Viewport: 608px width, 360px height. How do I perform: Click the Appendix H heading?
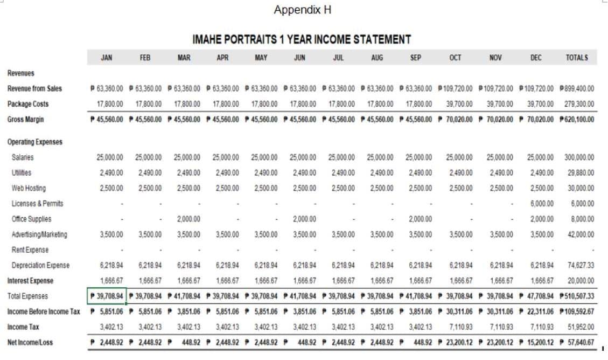(x=302, y=10)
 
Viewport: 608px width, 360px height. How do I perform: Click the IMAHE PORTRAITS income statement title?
(x=302, y=39)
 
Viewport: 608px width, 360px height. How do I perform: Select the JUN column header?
(x=299, y=58)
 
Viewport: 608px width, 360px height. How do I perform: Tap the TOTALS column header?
(x=577, y=58)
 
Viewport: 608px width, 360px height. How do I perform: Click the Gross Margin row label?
(x=26, y=119)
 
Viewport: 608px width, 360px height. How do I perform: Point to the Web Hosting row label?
(x=29, y=188)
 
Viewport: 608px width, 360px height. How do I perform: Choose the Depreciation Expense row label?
(x=40, y=265)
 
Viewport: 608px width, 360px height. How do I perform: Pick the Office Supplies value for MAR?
(x=187, y=219)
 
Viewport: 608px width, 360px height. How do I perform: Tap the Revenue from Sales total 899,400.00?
(x=577, y=88)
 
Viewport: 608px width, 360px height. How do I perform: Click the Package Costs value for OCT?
(x=459, y=104)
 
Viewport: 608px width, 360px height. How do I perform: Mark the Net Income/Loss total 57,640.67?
(x=577, y=342)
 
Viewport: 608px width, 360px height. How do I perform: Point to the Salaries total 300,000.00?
(x=579, y=157)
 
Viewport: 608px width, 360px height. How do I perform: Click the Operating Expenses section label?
(x=35, y=142)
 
